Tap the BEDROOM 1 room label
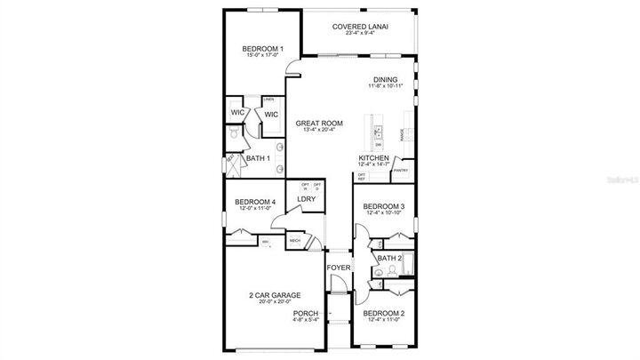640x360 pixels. [264, 48]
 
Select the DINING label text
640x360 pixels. [385, 78]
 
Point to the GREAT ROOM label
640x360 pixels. [319, 123]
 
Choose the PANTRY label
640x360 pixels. [402, 170]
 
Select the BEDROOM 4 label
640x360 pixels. [255, 202]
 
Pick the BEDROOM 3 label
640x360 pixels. [385, 206]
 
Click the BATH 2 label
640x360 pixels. [389, 258]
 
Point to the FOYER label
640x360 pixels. [339, 267]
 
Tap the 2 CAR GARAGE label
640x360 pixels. [274, 295]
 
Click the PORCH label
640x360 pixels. [306, 312]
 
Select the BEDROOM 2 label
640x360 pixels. [385, 313]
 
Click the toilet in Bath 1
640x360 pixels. [233, 134]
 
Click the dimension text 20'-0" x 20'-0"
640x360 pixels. [274, 302]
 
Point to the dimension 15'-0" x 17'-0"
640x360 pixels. [264, 55]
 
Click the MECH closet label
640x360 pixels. [294, 240]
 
